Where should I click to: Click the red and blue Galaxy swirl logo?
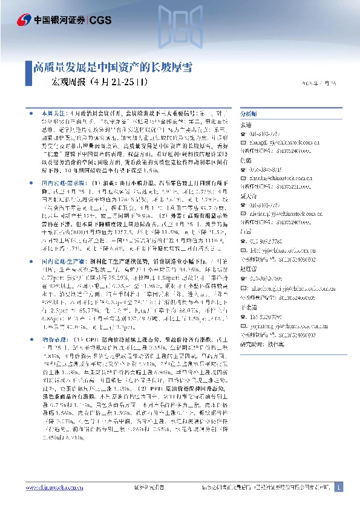(25, 19)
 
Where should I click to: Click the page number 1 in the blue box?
(338, 487)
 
